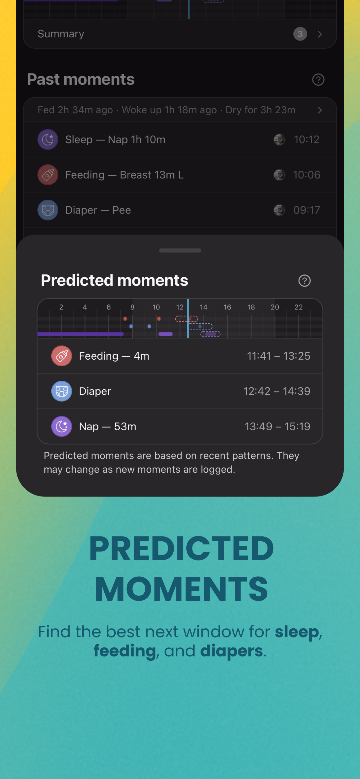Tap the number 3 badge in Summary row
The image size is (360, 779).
300,34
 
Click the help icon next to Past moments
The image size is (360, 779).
318,80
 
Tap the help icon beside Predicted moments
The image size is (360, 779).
304,281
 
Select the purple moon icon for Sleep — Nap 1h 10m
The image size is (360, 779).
48,139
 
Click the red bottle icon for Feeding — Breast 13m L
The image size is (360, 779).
48,175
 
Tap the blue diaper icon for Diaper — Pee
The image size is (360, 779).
48,210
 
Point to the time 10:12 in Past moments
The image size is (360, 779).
306,139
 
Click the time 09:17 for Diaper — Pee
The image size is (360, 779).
306,210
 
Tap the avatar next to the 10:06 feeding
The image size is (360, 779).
279,175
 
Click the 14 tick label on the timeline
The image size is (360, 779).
203,307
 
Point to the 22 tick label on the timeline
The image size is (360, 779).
299,307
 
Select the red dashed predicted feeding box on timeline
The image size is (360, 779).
186,319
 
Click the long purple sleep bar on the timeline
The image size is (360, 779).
81,334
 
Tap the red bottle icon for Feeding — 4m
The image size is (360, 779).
62,356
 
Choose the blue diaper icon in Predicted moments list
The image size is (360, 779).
62,391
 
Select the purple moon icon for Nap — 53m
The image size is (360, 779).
62,426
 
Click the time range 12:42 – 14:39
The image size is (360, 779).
277,391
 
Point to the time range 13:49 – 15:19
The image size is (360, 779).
277,426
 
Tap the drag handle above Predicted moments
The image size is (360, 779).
180,250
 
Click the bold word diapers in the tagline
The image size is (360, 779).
231,651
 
